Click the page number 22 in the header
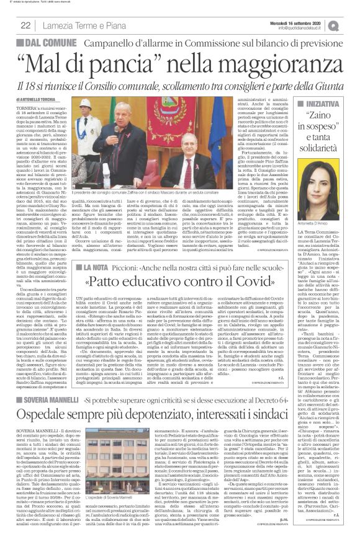(x=25, y=25)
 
